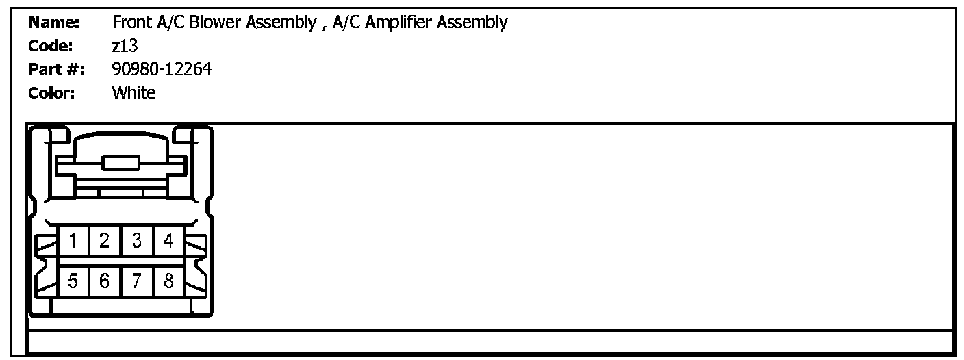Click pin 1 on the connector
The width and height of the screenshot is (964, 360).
click(x=73, y=241)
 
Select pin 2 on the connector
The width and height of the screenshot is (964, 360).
click(x=105, y=241)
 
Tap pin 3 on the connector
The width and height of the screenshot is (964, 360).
click(x=137, y=241)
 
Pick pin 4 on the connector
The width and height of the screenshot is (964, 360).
click(x=168, y=241)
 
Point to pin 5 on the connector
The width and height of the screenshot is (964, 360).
click(x=73, y=280)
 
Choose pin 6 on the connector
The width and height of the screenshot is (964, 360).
click(x=105, y=280)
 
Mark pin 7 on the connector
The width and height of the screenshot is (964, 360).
click(x=137, y=280)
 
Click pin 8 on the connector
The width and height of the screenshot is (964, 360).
click(x=168, y=280)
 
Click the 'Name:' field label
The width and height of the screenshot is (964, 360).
click(x=55, y=23)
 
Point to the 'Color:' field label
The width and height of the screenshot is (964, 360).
click(x=53, y=92)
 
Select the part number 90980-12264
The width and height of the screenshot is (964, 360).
click(x=162, y=69)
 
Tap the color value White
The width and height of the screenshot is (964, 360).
click(x=134, y=92)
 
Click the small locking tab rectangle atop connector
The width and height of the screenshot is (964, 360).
click(x=120, y=162)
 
